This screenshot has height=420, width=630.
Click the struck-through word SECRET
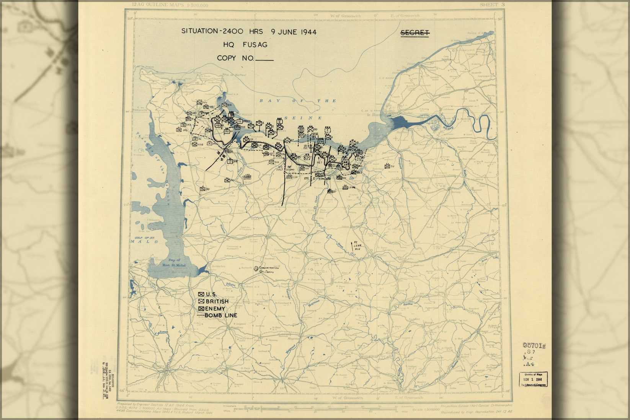click(415, 33)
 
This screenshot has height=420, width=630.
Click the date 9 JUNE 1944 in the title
click(294, 32)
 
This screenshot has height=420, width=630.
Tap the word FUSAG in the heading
click(255, 45)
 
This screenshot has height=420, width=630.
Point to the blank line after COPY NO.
click(264, 60)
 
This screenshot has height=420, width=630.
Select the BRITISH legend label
click(217, 301)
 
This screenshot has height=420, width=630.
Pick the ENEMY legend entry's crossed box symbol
click(201, 308)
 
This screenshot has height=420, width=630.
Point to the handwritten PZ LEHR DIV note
click(357, 245)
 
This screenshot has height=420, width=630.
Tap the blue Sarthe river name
click(409, 304)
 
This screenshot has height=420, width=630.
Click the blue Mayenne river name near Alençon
click(313, 304)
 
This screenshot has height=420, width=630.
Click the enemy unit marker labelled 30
click(203, 189)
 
